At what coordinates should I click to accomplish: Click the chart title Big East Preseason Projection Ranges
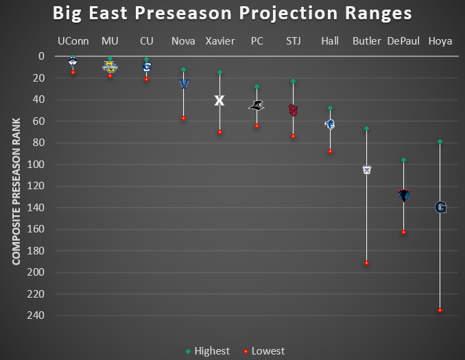pyautogui.click(x=232, y=14)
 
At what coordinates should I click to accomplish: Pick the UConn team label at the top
pyautogui.click(x=73, y=41)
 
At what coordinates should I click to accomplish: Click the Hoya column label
pyautogui.click(x=440, y=41)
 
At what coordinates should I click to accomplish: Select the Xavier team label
pyautogui.click(x=219, y=41)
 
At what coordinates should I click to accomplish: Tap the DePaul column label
pyautogui.click(x=403, y=41)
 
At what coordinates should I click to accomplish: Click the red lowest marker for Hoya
pyautogui.click(x=440, y=311)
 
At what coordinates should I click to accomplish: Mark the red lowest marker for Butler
pyautogui.click(x=366, y=263)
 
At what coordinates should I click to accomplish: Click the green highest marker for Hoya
pyautogui.click(x=440, y=141)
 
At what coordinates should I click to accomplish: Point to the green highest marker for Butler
pyautogui.click(x=366, y=128)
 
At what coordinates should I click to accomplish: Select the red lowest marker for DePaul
pyautogui.click(x=403, y=232)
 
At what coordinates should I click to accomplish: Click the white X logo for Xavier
pyautogui.click(x=219, y=100)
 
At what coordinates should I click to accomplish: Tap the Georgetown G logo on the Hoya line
pyautogui.click(x=440, y=207)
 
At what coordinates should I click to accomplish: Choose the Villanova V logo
pyautogui.click(x=183, y=84)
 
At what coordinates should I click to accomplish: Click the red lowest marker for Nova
pyautogui.click(x=183, y=119)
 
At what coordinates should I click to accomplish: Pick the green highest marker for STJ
pyautogui.click(x=293, y=81)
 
